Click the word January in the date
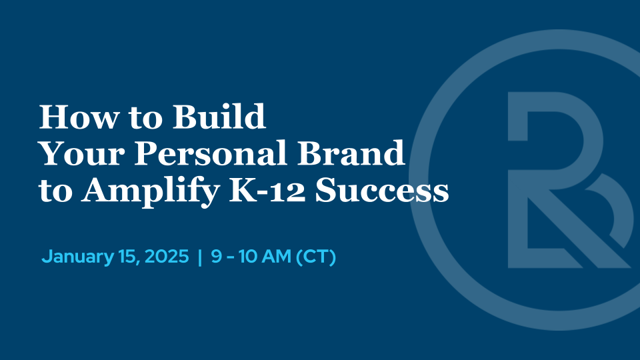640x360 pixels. (x=75, y=257)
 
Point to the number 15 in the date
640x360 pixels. (x=124, y=257)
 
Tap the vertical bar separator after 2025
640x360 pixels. (x=199, y=257)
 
